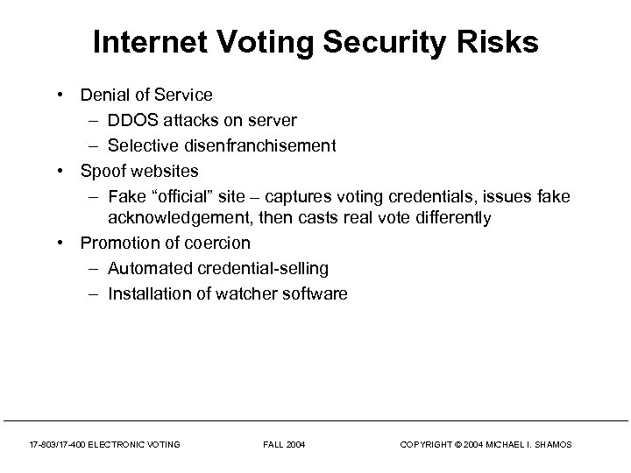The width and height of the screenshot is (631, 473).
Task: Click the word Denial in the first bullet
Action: tap(103, 95)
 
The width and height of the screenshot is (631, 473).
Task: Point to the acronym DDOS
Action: tap(131, 119)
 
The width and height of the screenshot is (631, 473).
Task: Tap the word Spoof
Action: tap(103, 170)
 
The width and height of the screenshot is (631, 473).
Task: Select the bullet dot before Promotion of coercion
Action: tap(66, 243)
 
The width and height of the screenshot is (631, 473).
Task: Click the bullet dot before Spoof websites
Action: tap(66, 170)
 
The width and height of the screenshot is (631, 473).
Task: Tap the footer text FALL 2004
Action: tap(284, 445)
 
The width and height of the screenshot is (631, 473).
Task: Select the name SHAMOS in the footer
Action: tap(552, 445)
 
